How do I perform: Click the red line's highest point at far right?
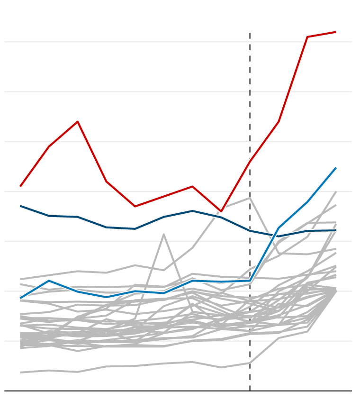[x=335, y=32]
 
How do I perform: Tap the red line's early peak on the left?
[x=78, y=122]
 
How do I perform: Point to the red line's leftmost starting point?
[x=20, y=186]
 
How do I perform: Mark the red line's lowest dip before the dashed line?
[x=221, y=211]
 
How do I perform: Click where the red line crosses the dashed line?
[x=250, y=162]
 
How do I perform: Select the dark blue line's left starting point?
[x=20, y=206]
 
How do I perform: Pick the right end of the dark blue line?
[x=335, y=230]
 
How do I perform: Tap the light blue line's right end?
[x=335, y=168]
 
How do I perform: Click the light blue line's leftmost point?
[x=20, y=298]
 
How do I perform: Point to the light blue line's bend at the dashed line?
[x=250, y=281]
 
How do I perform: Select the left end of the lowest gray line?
[x=20, y=373]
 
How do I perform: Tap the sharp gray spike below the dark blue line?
[x=164, y=234]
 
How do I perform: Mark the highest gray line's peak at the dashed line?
[x=250, y=198]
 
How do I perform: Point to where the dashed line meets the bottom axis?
[x=250, y=391]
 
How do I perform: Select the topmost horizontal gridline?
[x=178, y=42]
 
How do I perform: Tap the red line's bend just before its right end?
[x=307, y=37]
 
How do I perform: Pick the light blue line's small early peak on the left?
[x=49, y=281]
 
